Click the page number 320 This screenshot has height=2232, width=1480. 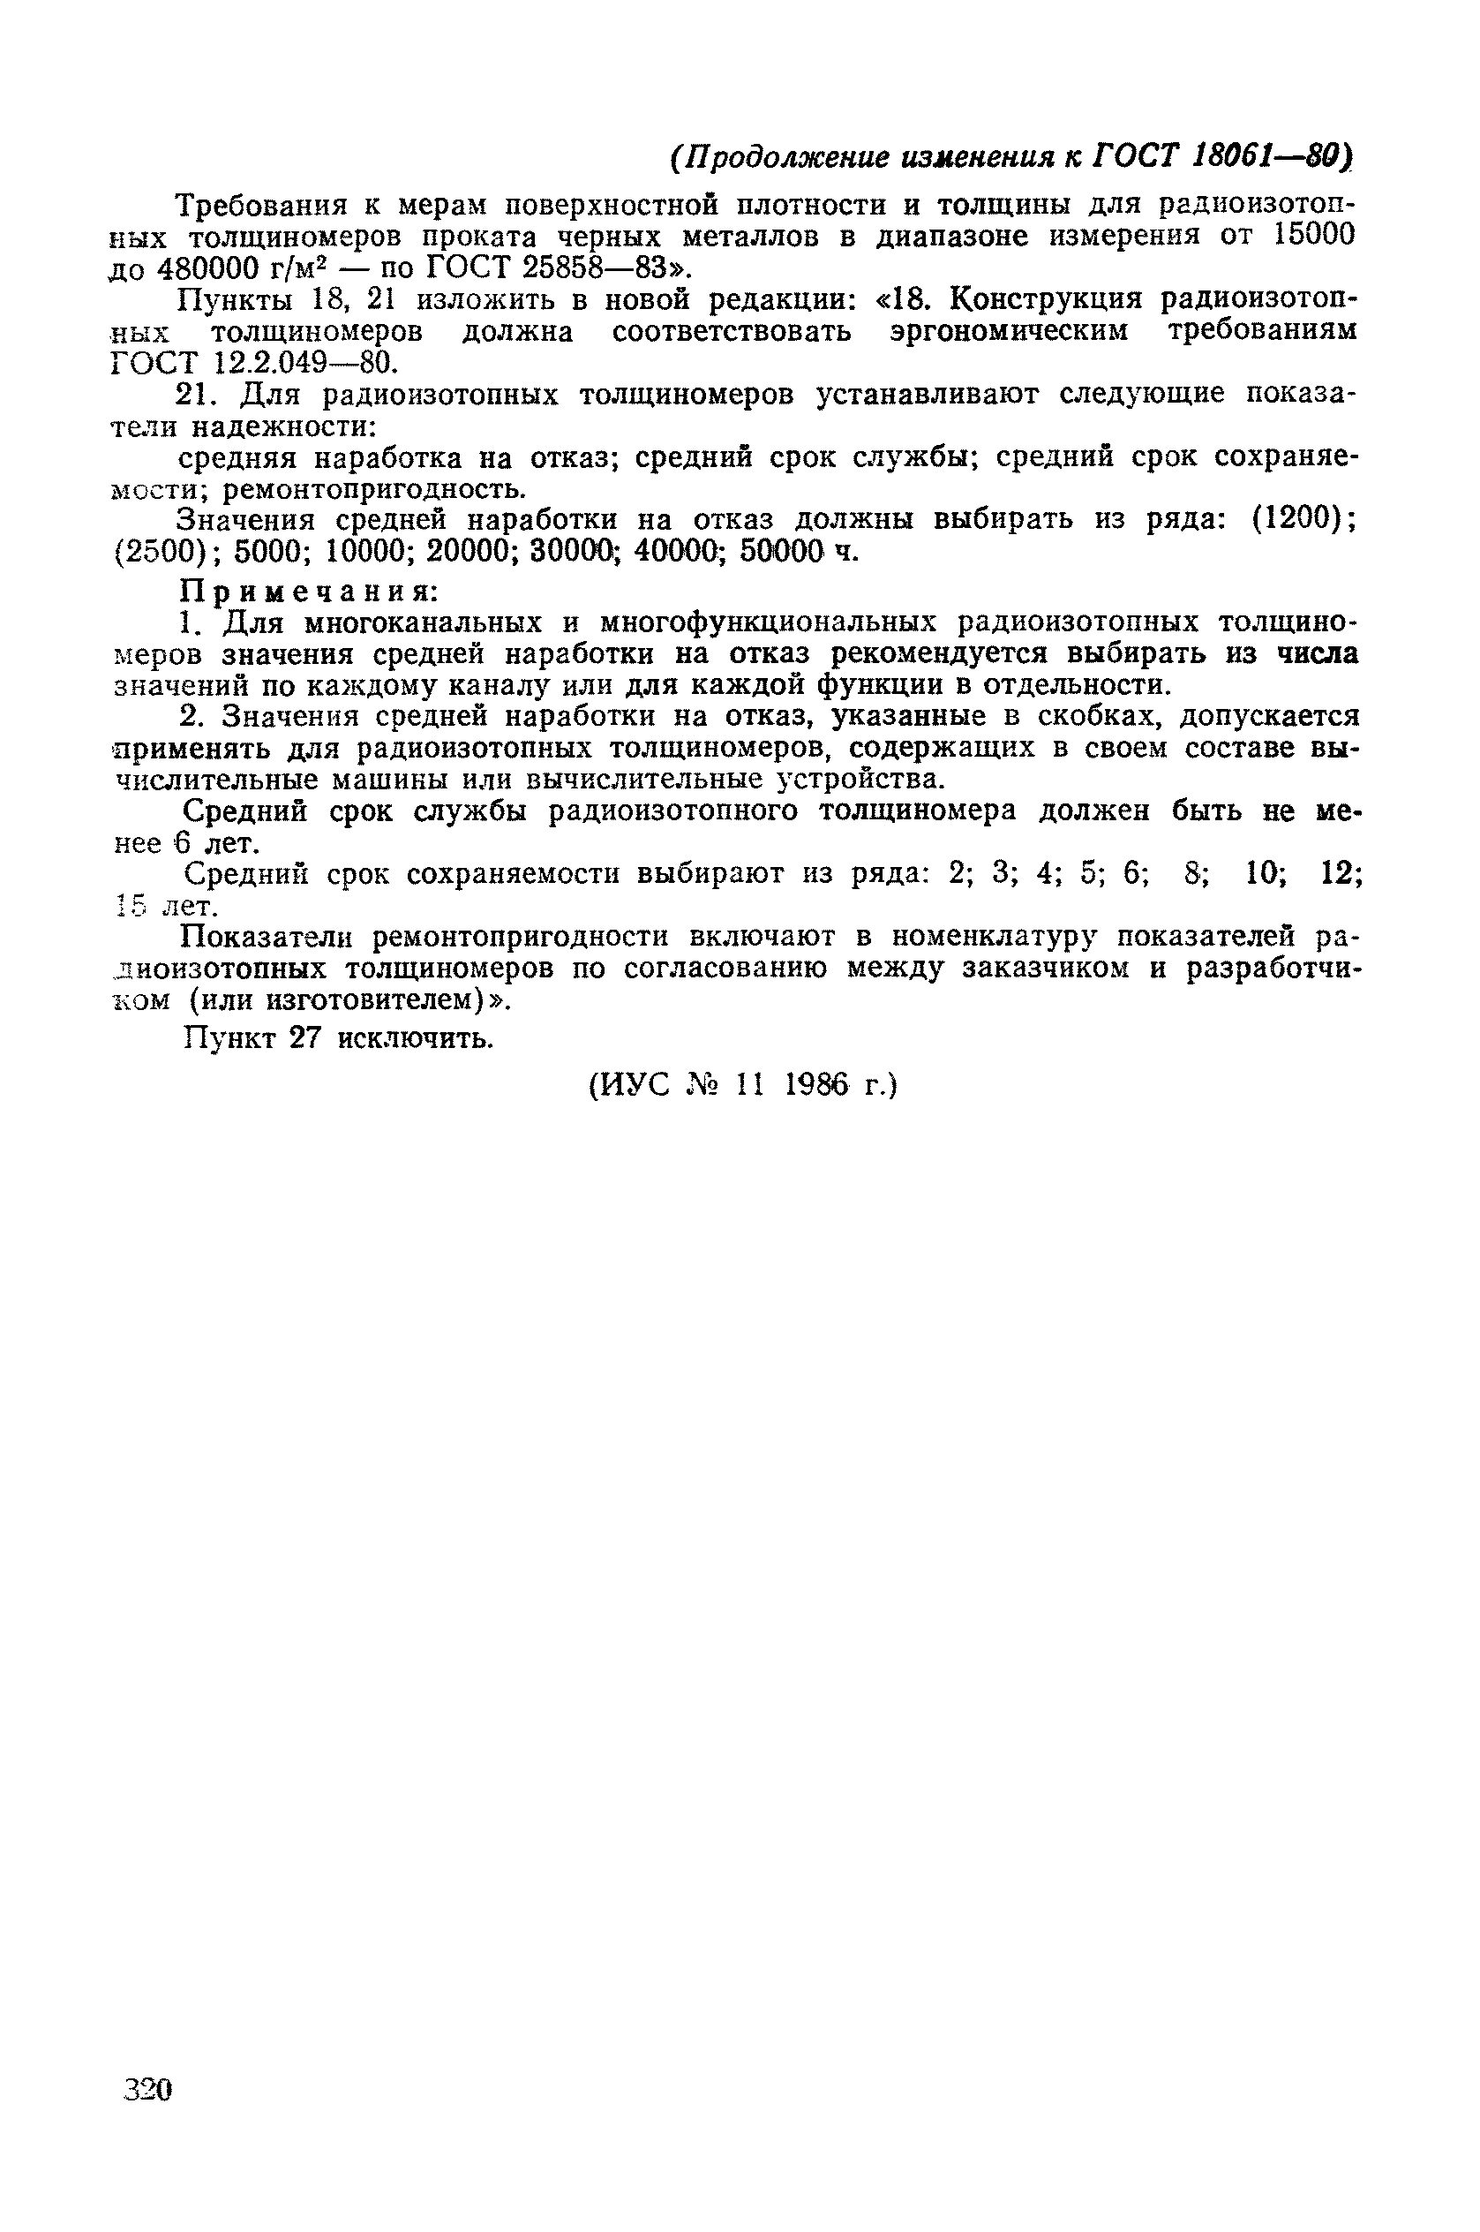coord(148,2088)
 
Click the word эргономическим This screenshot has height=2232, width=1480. coord(1009,331)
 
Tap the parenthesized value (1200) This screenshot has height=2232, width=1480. coord(1303,519)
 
